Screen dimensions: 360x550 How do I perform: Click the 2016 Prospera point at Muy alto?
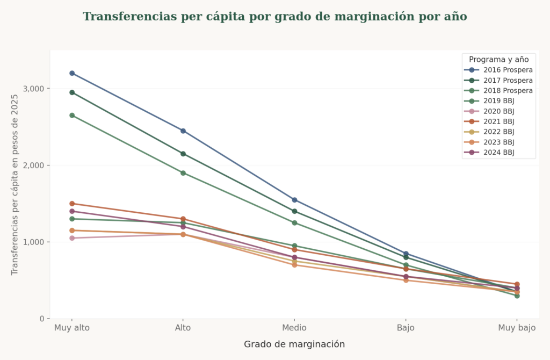pyautogui.click(x=72, y=73)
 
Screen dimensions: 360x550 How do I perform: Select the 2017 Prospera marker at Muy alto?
pyautogui.click(x=72, y=92)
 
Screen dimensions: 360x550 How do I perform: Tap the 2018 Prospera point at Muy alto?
pyautogui.click(x=72, y=116)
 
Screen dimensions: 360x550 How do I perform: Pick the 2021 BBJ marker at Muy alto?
pyautogui.click(x=72, y=204)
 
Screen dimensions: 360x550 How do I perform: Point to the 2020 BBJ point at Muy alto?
pyautogui.click(x=72, y=238)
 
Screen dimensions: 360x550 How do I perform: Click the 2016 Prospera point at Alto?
pyautogui.click(x=183, y=131)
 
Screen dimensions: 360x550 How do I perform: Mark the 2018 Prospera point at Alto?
pyautogui.click(x=183, y=173)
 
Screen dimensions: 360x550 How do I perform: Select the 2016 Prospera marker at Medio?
pyautogui.click(x=294, y=200)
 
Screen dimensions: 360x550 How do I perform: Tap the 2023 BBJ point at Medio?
pyautogui.click(x=294, y=265)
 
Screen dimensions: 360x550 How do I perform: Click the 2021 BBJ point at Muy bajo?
pyautogui.click(x=517, y=284)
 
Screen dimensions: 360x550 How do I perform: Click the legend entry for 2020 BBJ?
pyautogui.click(x=498, y=111)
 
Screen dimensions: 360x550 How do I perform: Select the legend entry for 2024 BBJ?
pyautogui.click(x=498, y=153)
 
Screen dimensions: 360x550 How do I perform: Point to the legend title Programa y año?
pyautogui.click(x=498, y=59)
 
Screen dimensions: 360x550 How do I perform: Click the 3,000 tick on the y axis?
pyautogui.click(x=34, y=89)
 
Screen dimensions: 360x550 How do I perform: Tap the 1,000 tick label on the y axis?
pyautogui.click(x=34, y=242)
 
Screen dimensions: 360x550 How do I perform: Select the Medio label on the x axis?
pyautogui.click(x=294, y=328)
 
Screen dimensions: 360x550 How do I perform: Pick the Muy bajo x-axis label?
pyautogui.click(x=517, y=328)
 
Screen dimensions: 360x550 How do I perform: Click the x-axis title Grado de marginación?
pyautogui.click(x=294, y=344)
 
